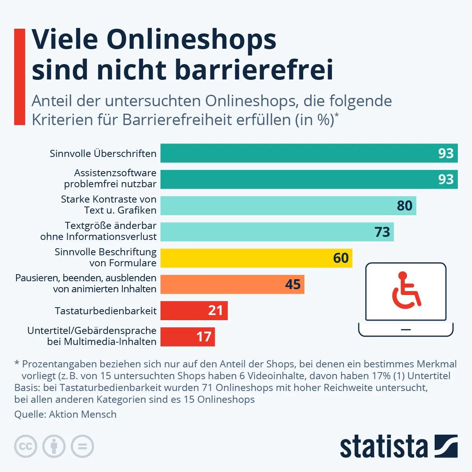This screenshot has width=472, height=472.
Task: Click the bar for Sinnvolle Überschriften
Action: (x=299, y=153)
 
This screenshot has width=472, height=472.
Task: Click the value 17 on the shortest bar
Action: (x=204, y=337)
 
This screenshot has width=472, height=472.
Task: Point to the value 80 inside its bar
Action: (x=404, y=206)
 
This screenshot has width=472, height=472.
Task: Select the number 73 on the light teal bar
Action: (x=382, y=232)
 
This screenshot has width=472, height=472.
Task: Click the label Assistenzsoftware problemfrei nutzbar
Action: (x=110, y=179)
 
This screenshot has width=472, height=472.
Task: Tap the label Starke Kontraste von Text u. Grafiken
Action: (x=109, y=205)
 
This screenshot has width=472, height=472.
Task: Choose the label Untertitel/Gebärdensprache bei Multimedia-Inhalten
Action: (x=92, y=336)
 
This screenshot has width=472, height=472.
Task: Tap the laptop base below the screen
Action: (x=406, y=330)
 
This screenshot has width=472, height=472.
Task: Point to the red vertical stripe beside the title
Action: (x=20, y=77)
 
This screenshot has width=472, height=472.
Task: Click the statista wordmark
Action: (x=384, y=447)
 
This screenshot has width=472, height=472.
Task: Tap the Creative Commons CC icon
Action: (x=26, y=446)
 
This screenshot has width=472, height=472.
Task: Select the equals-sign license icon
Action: (x=82, y=446)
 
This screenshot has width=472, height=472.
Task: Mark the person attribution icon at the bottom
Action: (x=54, y=446)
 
